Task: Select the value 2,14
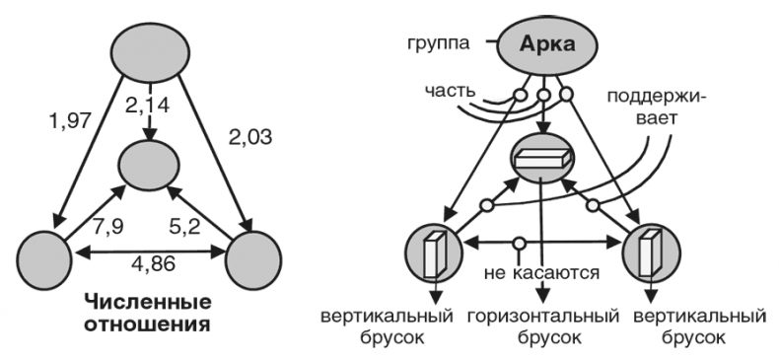pyautogui.click(x=150, y=103)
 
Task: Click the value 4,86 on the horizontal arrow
pyautogui.click(x=150, y=265)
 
